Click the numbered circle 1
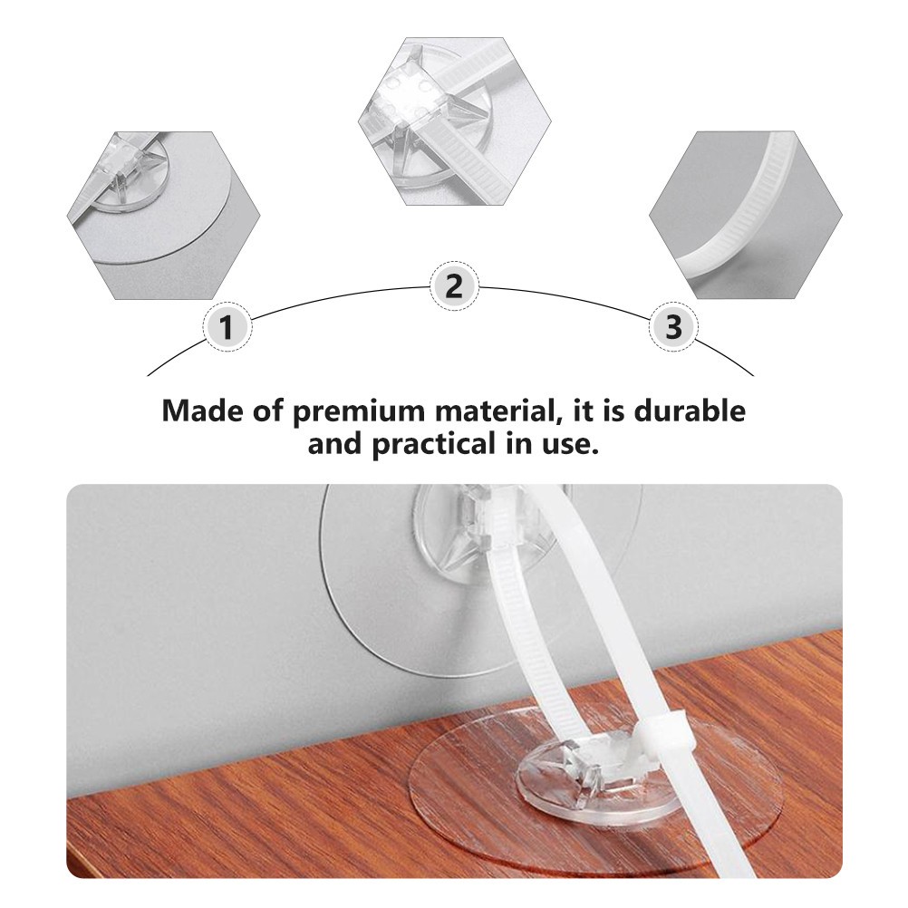click(227, 326)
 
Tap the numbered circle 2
click(455, 286)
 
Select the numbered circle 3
click(673, 326)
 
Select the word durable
click(690, 411)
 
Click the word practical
click(432, 446)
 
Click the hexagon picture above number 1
click(163, 216)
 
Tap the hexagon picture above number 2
click(455, 121)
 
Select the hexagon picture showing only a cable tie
click(746, 216)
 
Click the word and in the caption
click(334, 445)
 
